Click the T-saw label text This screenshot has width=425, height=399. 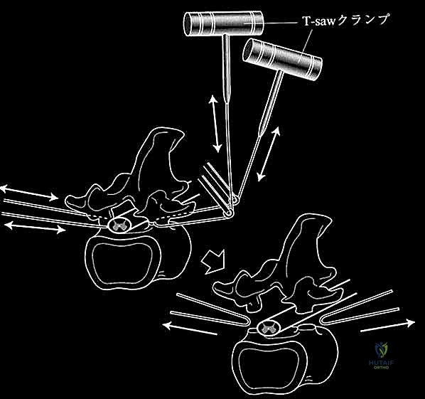click(346, 20)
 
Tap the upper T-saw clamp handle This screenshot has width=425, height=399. click(224, 23)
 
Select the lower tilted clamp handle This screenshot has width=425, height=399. click(282, 59)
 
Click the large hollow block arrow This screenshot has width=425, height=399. click(214, 261)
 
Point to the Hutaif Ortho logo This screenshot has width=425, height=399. click(381, 356)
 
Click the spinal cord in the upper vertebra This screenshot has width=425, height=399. click(119, 225)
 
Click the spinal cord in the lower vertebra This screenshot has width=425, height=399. click(267, 328)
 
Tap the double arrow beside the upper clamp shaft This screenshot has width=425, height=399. click(215, 124)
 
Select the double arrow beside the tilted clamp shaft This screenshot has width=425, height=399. click(269, 154)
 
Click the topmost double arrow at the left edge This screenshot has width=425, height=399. click(29, 193)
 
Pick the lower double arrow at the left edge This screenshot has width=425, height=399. click(36, 228)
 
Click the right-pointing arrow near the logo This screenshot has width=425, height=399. click(387, 326)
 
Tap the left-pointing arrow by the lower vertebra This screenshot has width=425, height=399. click(190, 329)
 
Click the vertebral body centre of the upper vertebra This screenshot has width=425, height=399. click(123, 260)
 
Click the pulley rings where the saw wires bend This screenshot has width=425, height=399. click(232, 206)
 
